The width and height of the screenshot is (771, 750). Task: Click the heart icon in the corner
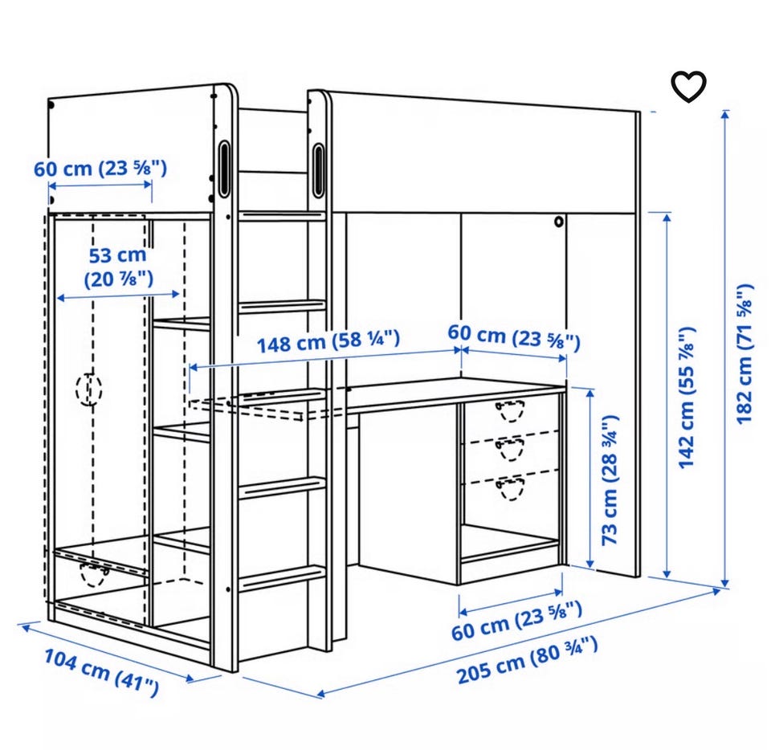pyautogui.click(x=689, y=87)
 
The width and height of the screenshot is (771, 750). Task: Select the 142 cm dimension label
pyautogui.click(x=687, y=397)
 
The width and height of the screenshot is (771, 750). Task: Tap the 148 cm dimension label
pyautogui.click(x=328, y=341)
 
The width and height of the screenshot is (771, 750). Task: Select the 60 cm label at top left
pyautogui.click(x=100, y=169)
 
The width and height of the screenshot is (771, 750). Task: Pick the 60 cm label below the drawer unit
pyautogui.click(x=516, y=621)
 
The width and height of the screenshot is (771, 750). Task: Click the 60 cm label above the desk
pyautogui.click(x=514, y=337)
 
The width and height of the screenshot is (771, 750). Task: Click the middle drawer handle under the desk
pyautogui.click(x=511, y=448)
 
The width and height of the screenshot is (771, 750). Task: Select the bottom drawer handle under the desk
pyautogui.click(x=511, y=488)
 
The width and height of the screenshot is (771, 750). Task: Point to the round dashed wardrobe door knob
pyautogui.click(x=89, y=389)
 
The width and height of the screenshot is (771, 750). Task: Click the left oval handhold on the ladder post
pyautogui.click(x=224, y=168)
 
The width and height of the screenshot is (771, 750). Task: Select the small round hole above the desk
pyautogui.click(x=559, y=222)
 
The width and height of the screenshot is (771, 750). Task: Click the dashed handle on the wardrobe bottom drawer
pyautogui.click(x=94, y=574)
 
